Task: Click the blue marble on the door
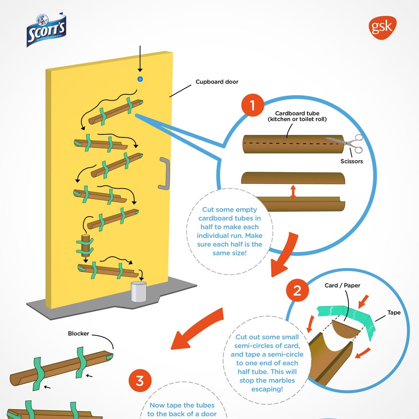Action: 140,79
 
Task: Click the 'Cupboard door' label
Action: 217,82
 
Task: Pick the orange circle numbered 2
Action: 297,290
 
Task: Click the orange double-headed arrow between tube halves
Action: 293,192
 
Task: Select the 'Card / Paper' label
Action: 342,286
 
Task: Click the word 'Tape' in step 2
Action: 394,313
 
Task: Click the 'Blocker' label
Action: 78,334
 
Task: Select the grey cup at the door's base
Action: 138,292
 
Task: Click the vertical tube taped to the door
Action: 86,246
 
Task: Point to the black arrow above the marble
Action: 140,63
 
